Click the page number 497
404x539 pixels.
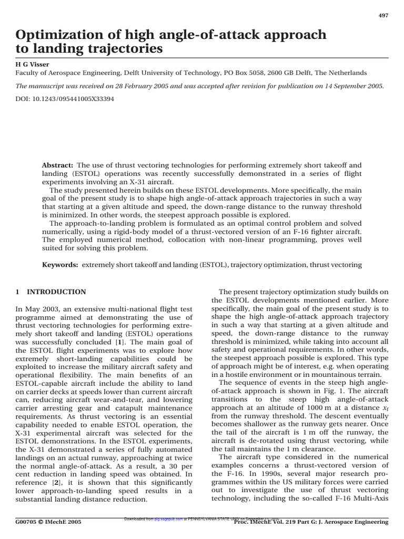point(383,15)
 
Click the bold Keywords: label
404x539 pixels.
point(59,265)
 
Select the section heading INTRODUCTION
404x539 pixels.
point(56,292)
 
